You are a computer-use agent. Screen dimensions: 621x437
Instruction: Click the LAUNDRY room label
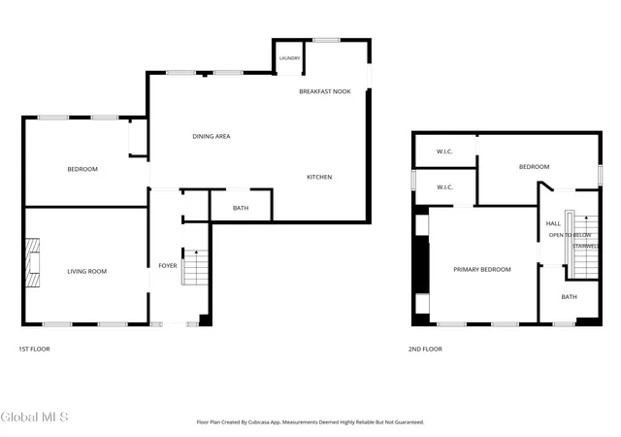point(289,58)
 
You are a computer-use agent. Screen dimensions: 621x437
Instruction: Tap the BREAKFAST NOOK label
point(325,91)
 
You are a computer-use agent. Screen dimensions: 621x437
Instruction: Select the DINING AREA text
point(212,136)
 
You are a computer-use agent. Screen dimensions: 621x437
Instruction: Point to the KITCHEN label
point(319,177)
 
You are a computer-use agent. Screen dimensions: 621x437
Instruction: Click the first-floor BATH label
point(241,208)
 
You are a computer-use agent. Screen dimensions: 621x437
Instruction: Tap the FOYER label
point(168,266)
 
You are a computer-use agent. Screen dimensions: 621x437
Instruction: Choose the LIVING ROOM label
point(86,272)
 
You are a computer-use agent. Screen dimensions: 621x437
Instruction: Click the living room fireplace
point(32,262)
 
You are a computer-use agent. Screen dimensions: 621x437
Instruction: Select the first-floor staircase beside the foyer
point(195,267)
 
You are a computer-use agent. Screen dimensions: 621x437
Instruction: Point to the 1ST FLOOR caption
point(35,349)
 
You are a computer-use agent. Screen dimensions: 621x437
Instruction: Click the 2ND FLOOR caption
point(425,349)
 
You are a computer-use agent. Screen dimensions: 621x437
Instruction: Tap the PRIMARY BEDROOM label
point(482,270)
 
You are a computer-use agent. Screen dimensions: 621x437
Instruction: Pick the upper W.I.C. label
point(444,151)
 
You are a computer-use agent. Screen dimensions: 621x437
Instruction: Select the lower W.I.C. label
point(444,187)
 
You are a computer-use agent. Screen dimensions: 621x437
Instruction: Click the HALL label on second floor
point(553,223)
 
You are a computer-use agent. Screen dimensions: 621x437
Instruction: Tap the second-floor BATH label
point(570,296)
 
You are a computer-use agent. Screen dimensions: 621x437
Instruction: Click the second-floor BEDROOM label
point(534,167)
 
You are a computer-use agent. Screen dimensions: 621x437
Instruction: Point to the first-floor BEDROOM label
point(82,169)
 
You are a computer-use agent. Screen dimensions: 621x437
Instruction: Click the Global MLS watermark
point(35,418)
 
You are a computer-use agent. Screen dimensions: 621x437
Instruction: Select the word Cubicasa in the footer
point(259,422)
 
